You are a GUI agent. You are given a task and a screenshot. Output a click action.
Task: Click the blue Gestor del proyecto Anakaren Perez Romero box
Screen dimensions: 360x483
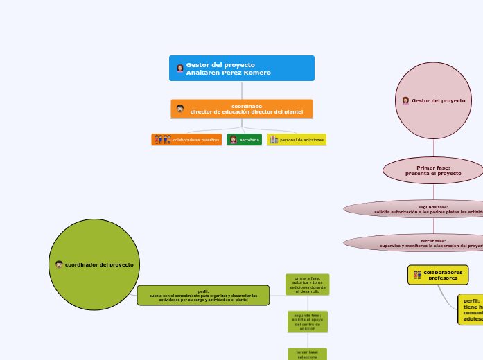(242, 69)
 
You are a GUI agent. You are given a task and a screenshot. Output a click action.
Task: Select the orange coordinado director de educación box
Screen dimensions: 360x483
(242, 109)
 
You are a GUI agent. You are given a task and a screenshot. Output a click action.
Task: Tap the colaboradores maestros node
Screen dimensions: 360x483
(186, 140)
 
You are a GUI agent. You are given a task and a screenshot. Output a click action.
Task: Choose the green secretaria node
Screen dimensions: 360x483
(244, 140)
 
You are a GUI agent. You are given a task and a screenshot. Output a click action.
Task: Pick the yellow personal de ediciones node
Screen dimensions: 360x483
(297, 140)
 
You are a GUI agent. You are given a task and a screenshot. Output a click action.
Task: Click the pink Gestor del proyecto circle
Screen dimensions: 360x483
(433, 100)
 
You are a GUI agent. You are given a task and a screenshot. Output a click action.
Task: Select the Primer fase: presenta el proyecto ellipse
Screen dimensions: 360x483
(433, 170)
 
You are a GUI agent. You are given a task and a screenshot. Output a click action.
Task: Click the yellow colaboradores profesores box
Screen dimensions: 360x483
(438, 275)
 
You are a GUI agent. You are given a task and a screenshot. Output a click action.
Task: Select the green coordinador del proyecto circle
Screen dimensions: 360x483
(94, 264)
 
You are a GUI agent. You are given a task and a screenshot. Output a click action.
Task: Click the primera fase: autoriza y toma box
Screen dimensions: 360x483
(307, 285)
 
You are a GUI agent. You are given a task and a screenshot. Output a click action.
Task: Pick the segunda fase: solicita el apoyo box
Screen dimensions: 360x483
(307, 321)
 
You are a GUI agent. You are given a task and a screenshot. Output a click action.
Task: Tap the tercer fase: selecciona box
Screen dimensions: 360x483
(307, 354)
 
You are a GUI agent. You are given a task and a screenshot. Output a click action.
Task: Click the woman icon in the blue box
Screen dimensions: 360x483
(180, 69)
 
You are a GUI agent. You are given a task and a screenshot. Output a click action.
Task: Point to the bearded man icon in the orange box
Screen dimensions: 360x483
(180, 109)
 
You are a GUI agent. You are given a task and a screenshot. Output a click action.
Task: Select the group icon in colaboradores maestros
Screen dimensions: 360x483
(162, 140)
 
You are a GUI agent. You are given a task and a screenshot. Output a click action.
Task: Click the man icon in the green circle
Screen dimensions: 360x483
(59, 264)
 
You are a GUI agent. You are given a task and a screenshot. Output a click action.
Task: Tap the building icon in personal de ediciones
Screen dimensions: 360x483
(274, 140)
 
